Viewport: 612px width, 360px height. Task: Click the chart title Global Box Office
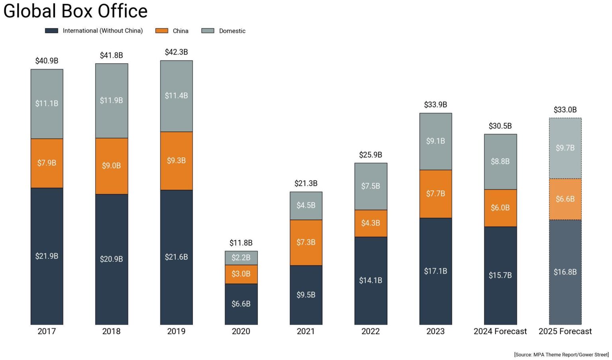[x=75, y=11]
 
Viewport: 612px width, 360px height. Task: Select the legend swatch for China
[x=161, y=31]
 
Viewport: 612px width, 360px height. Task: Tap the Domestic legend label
[x=232, y=31]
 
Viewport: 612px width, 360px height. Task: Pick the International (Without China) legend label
[x=102, y=31]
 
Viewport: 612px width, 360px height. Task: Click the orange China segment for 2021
[x=306, y=242]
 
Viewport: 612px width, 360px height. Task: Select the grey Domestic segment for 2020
[x=241, y=258]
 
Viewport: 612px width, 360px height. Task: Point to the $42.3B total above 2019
[x=176, y=52]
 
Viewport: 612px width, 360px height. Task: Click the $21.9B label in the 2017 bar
[x=47, y=256]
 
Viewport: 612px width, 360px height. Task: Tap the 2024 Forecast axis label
[x=500, y=331]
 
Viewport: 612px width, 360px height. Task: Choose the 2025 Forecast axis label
[x=565, y=331]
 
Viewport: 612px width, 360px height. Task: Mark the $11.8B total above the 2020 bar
[x=241, y=243]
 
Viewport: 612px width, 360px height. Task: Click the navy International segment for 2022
[x=371, y=280]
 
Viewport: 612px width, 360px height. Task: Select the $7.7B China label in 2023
[x=435, y=194]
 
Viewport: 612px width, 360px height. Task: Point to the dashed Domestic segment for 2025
[x=565, y=148]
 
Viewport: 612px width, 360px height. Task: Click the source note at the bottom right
[x=561, y=354]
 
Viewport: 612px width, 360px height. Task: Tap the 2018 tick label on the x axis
[x=111, y=331]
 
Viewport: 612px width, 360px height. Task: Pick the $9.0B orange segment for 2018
[x=111, y=166]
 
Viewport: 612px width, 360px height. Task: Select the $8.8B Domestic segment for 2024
[x=500, y=161]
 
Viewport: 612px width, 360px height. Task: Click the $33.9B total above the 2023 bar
[x=435, y=105]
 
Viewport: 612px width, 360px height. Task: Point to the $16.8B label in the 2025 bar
[x=565, y=272]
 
